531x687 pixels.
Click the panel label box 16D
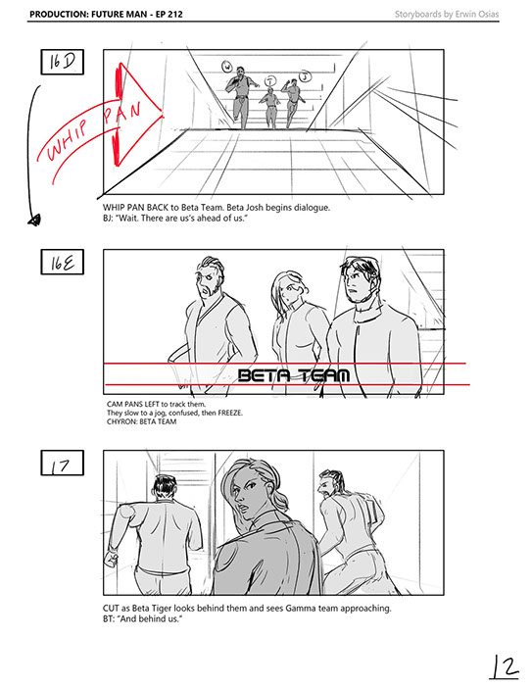coord(63,62)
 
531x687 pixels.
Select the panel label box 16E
coord(63,262)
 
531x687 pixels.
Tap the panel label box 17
coord(63,463)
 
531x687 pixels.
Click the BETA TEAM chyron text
coord(294,375)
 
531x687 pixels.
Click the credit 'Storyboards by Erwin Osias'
coord(447,14)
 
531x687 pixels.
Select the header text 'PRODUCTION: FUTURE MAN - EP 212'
coord(106,14)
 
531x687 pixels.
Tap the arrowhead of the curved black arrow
coord(34,220)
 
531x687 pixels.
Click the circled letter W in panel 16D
coord(227,67)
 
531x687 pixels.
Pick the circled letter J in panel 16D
coord(305,76)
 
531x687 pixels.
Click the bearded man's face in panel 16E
coord(209,280)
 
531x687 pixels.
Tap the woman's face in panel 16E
coord(289,289)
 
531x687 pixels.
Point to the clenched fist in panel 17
coord(112,559)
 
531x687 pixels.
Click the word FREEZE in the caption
coord(230,413)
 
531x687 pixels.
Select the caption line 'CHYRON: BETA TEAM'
coord(141,422)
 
